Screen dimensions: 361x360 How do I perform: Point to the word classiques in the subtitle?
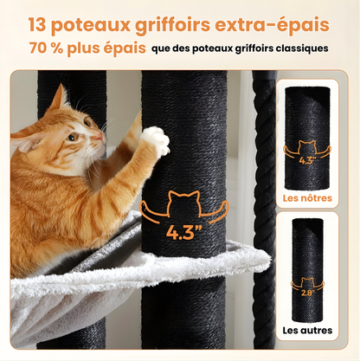[x=298, y=48]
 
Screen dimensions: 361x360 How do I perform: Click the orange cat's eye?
[x=73, y=137]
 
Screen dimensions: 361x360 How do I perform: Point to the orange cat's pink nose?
[x=101, y=138]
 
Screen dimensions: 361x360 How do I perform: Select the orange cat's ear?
[x=55, y=100]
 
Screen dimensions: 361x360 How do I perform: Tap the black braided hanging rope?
[x=263, y=173]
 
